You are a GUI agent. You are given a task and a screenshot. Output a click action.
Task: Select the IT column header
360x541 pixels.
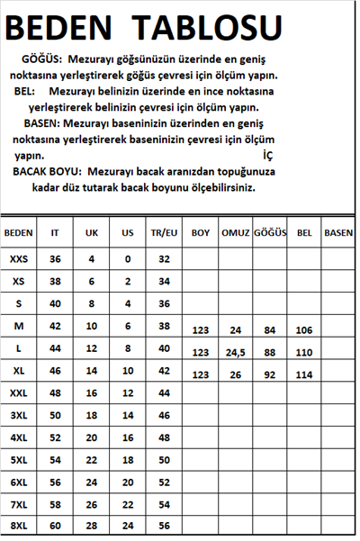56,232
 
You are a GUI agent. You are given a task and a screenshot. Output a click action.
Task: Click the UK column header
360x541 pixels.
92,232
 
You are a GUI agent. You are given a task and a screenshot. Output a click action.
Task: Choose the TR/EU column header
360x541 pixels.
164,232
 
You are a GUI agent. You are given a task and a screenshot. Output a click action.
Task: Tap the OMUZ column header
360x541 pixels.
236,232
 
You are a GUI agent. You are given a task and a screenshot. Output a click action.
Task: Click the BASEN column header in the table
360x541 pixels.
338,232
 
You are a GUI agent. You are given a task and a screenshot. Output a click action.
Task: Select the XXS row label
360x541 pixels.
19,259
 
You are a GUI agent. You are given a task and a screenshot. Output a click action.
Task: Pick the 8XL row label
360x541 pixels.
19,525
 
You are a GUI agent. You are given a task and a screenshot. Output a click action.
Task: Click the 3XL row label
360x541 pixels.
19,415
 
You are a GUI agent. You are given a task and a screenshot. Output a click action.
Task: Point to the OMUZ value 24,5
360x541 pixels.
236,352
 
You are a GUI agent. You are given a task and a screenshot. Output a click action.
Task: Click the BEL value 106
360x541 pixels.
304,330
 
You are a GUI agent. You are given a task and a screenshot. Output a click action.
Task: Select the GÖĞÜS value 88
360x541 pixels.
269,352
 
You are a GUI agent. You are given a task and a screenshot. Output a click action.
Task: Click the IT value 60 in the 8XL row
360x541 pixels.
56,525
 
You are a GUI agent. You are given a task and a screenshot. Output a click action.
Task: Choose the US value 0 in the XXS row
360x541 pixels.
128,259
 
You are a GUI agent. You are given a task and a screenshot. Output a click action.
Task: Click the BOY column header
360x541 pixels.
201,232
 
